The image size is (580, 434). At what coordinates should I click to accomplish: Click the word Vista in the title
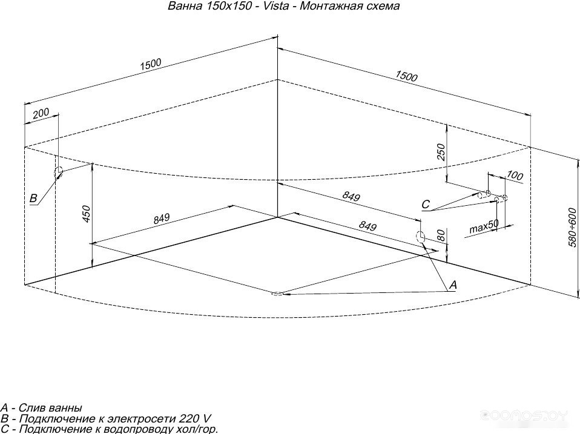[x=276, y=6]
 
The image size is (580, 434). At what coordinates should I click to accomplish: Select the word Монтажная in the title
[x=326, y=6]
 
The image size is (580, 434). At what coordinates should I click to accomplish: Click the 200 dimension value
[x=41, y=113]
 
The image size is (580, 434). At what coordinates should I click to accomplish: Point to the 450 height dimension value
[x=86, y=214]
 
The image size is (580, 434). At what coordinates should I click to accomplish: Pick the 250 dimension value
[x=441, y=152]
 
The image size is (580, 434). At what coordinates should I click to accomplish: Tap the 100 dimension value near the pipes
[x=515, y=175]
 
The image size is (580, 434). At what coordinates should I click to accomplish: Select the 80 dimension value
[x=441, y=236]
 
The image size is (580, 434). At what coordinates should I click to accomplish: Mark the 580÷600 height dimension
[x=573, y=228]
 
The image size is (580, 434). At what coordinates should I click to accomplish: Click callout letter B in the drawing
[x=33, y=198]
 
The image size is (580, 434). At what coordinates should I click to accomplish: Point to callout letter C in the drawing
[x=426, y=204]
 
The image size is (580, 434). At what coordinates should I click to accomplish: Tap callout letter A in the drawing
[x=453, y=284]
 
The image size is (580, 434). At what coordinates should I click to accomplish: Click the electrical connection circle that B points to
[x=59, y=173]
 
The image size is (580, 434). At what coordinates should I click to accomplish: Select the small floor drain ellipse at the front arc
[x=277, y=294]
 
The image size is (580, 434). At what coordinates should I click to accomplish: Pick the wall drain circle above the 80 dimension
[x=420, y=237]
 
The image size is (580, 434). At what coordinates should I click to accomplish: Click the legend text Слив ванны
[x=50, y=408]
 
